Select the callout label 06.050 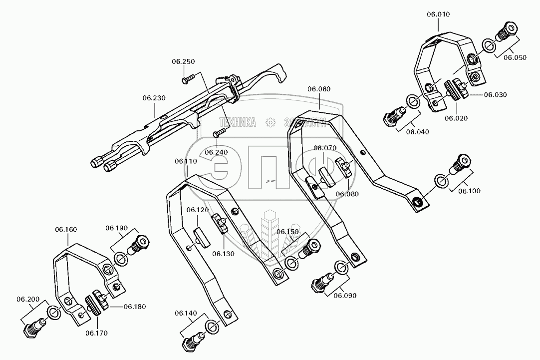pyautogui.click(x=515, y=57)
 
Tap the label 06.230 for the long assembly pyautogui.click(x=153, y=98)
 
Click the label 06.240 pyautogui.click(x=216, y=151)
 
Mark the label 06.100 pyautogui.click(x=470, y=191)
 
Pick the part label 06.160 pyautogui.click(x=66, y=230)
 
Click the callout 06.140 pyautogui.click(x=186, y=314)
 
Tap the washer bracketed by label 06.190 pyautogui.click(x=121, y=259)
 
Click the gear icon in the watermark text pyautogui.click(x=270, y=122)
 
